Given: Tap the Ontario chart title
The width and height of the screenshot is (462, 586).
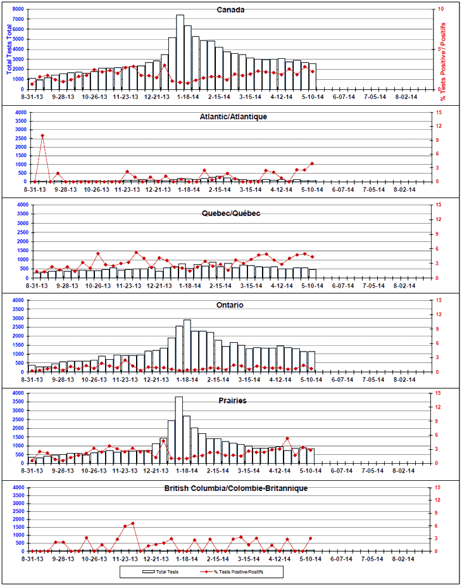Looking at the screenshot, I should tap(230, 305).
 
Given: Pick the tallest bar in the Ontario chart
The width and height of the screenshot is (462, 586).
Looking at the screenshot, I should tap(187, 346).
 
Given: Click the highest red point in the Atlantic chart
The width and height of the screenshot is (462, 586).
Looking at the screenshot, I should tap(42, 136).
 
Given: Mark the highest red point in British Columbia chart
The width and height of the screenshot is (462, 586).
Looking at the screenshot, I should tap(133, 523).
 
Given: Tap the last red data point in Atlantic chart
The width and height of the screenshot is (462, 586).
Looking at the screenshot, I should tap(312, 163).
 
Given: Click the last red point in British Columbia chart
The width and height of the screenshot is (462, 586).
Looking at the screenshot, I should tap(311, 538).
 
